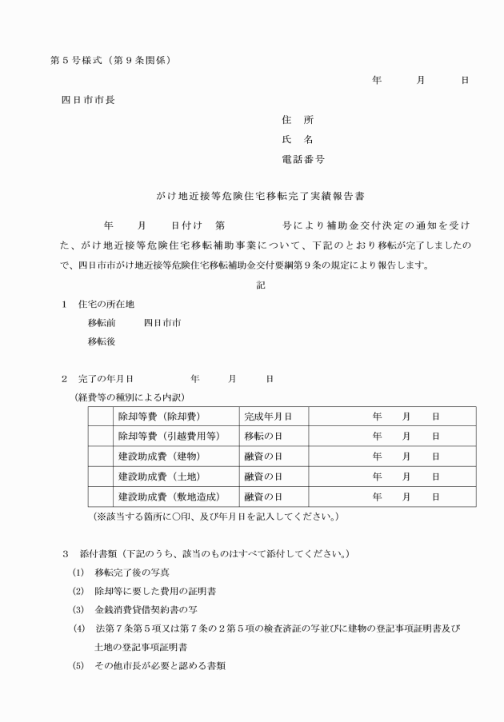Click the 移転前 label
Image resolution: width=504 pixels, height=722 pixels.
pyautogui.click(x=102, y=323)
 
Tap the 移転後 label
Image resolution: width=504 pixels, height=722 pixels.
pyautogui.click(x=102, y=342)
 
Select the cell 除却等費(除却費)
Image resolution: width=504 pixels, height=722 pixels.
pyautogui.click(x=159, y=417)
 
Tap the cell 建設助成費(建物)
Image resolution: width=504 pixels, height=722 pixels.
pyautogui.click(x=158, y=457)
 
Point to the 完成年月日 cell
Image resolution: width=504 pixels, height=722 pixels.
pyautogui.click(x=267, y=417)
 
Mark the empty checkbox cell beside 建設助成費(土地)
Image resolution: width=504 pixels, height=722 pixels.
pyautogui.click(x=99, y=477)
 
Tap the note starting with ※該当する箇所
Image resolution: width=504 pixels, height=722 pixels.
pyautogui.click(x=215, y=517)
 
